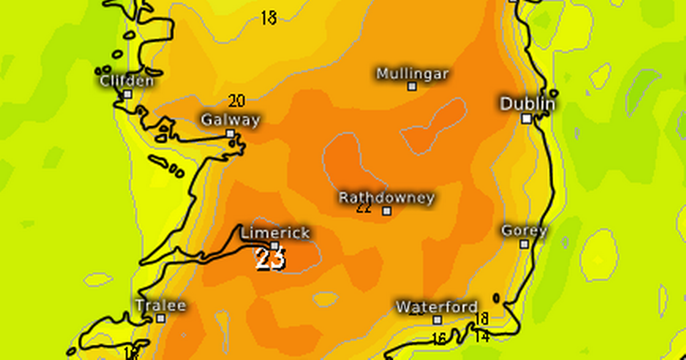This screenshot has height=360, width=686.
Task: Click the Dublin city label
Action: tap(528, 104)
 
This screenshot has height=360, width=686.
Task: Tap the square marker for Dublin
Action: tap(527, 119)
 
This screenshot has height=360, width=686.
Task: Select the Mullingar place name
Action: tap(412, 74)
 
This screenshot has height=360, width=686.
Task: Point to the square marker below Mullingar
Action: tap(412, 86)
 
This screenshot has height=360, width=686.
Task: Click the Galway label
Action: tap(230, 120)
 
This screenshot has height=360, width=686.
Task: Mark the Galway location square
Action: tap(230, 134)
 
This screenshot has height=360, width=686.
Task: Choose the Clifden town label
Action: tap(127, 81)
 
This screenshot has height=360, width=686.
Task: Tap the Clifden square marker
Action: tap(127, 94)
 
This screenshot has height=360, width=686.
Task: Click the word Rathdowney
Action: tap(386, 198)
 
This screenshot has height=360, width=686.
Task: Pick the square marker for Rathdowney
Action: tap(387, 211)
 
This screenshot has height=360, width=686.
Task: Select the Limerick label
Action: tap(275, 233)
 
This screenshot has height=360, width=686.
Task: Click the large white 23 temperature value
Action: tap(270, 260)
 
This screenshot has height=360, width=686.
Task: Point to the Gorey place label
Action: tap(524, 231)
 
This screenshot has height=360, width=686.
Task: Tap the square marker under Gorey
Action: tap(524, 244)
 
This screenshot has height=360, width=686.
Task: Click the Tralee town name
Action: tap(161, 306)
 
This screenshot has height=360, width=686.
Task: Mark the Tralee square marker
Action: tap(161, 318)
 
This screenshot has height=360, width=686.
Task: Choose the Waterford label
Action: tap(437, 306)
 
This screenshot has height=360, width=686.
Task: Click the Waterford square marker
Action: tap(437, 320)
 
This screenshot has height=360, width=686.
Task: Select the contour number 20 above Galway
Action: tap(237, 101)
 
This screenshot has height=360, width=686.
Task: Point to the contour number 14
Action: tap(482, 337)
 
